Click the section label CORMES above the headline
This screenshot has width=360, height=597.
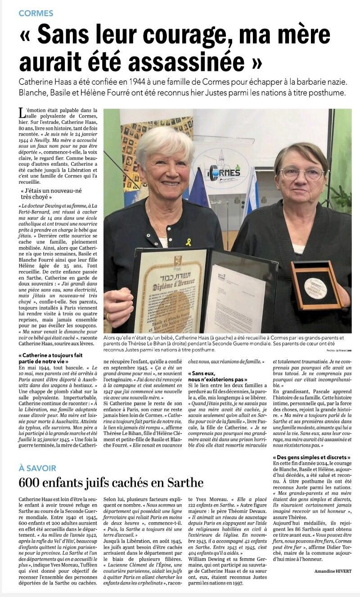(x=36, y=14)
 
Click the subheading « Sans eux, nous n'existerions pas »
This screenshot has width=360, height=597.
(x=217, y=376)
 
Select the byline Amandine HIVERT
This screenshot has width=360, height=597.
(x=333, y=571)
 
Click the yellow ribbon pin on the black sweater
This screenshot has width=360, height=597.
(x=188, y=242)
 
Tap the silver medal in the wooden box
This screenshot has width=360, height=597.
(x=315, y=288)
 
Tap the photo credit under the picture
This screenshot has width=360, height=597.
(x=339, y=350)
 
